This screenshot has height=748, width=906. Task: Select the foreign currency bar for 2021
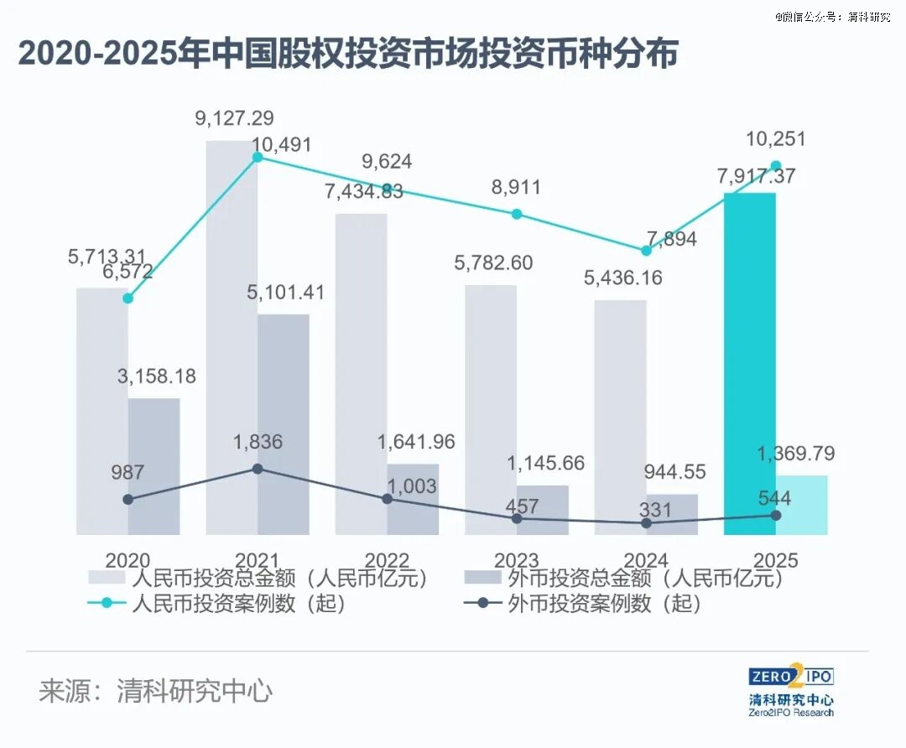point(284,423)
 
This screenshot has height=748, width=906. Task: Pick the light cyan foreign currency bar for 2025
point(802,505)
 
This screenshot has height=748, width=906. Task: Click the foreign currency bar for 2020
point(154,465)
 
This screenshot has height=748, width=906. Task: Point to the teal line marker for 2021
point(258,158)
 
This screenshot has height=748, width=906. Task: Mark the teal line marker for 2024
point(646,251)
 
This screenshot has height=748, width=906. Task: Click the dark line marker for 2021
point(258,468)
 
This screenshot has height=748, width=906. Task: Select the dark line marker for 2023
point(517,518)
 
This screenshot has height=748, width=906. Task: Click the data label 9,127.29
point(234,118)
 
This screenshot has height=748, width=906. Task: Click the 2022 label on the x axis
point(387,560)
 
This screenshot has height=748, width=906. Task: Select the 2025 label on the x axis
point(775,560)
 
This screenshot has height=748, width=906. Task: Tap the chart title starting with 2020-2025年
point(348,55)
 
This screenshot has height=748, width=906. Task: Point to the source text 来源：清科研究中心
point(156,692)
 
